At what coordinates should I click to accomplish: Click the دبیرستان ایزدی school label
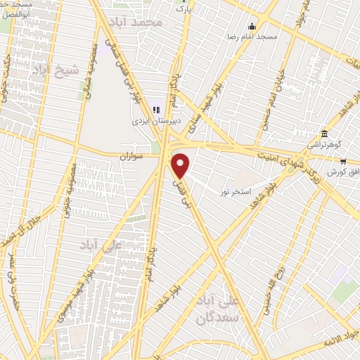[x=158, y=120]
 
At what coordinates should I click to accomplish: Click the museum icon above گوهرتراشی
[x=323, y=134]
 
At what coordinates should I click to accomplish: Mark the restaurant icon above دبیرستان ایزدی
[x=157, y=109]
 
